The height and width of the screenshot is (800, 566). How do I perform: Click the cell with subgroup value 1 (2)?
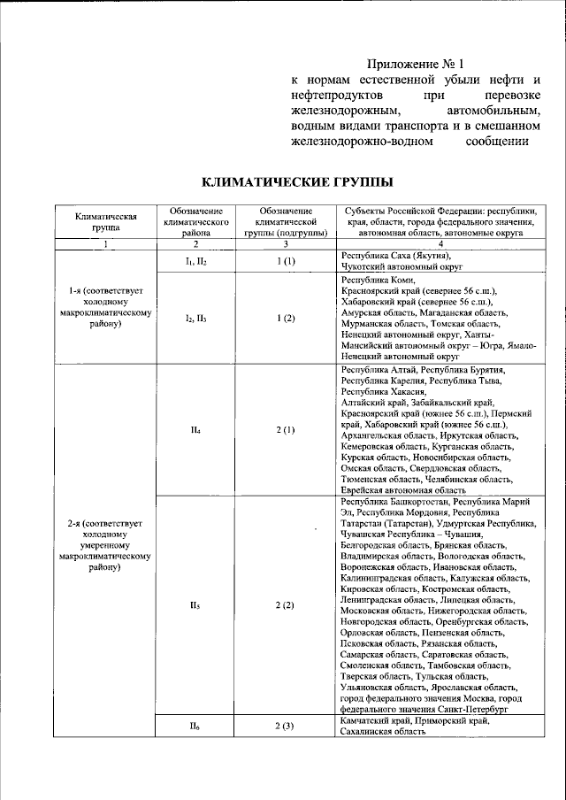coord(285,317)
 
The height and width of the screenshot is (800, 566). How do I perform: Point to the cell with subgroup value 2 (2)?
coord(285,605)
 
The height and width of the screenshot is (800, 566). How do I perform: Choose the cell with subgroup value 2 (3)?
coord(285,727)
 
